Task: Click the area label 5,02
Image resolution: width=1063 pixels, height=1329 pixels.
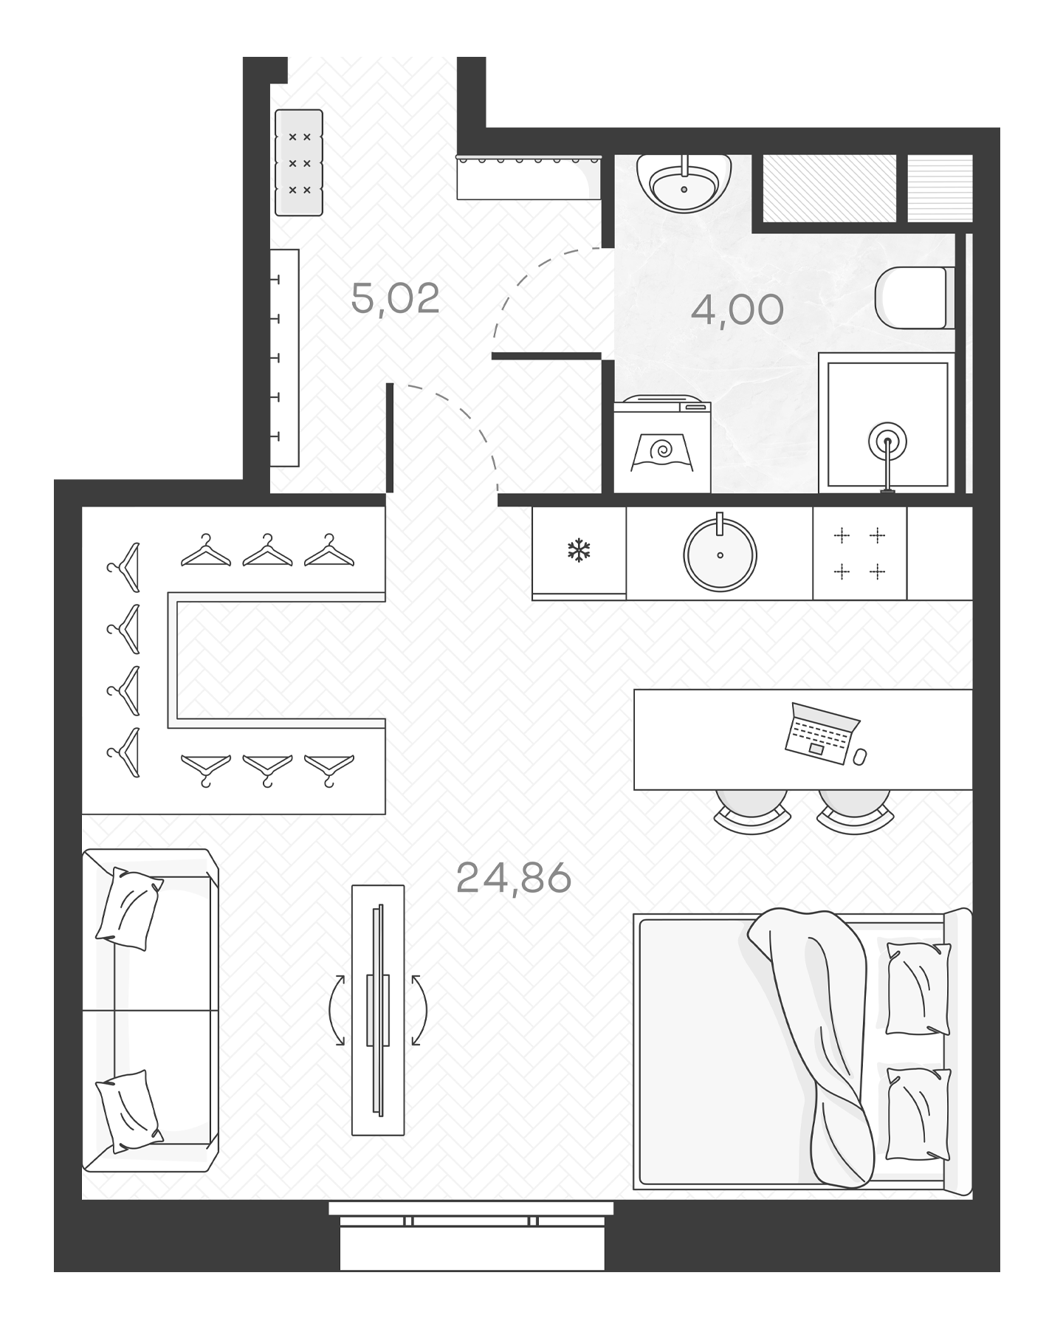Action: (x=395, y=299)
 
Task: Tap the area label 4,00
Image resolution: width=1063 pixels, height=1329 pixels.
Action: (x=736, y=310)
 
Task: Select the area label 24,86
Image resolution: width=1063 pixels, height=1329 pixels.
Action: (x=514, y=879)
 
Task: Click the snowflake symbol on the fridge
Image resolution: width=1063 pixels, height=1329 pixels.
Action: (x=579, y=550)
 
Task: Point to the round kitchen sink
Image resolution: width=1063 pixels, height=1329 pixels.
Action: (x=720, y=554)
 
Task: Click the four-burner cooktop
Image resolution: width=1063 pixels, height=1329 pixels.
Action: (x=859, y=553)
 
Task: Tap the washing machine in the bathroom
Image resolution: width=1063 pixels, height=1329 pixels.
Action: (x=662, y=447)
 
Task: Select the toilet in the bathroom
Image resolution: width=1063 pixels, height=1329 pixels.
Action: (x=912, y=298)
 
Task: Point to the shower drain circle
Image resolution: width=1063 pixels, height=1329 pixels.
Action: (x=887, y=442)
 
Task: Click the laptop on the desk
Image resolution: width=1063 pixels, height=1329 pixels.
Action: (x=819, y=733)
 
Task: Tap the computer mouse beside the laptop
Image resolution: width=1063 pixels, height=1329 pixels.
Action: (x=859, y=757)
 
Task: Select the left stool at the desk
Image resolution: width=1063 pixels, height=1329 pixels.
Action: (x=751, y=808)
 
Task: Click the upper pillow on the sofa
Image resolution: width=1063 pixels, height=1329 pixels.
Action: (x=129, y=909)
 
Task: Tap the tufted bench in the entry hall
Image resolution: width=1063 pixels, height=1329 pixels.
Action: (x=299, y=162)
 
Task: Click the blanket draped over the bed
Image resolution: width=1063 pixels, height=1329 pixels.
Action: (x=823, y=1034)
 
